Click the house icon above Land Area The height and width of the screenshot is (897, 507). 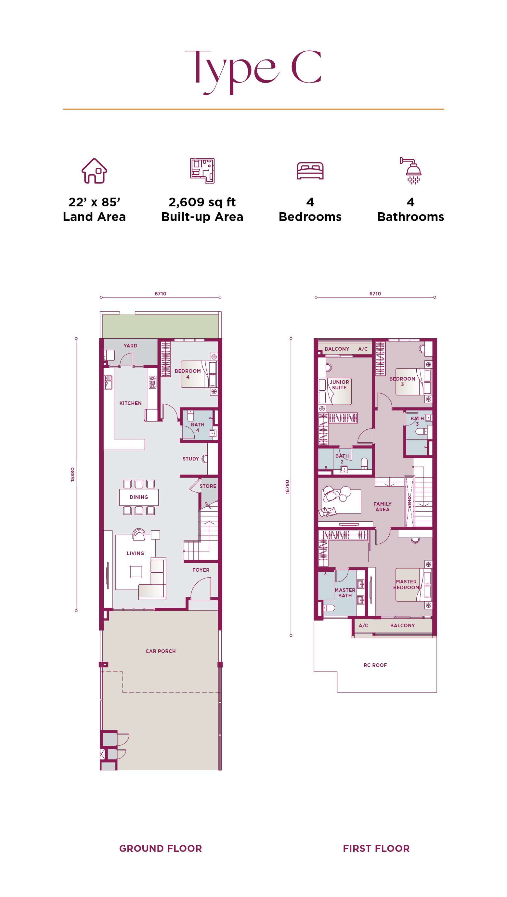coord(94,171)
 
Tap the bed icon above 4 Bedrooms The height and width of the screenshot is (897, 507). coord(310,171)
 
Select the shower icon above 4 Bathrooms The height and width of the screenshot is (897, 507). coord(411,171)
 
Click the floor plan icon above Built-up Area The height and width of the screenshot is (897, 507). coord(202,171)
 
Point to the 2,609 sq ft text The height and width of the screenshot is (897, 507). coord(202,202)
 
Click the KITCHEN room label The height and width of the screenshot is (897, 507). coord(131,403)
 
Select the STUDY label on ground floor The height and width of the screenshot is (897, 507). coord(191,459)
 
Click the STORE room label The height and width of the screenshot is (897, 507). coord(208,486)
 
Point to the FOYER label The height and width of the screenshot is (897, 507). coord(201,570)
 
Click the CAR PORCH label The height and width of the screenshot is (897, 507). coord(161,651)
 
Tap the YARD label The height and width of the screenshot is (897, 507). coord(131,346)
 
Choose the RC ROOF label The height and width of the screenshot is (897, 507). coord(375,665)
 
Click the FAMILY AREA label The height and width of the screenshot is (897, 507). coord(382,507)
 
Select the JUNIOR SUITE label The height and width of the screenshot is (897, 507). coord(340,385)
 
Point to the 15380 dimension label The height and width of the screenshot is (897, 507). coord(72,474)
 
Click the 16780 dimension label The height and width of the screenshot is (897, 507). coord(287,487)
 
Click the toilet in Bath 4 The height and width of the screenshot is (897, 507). coord(190,416)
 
